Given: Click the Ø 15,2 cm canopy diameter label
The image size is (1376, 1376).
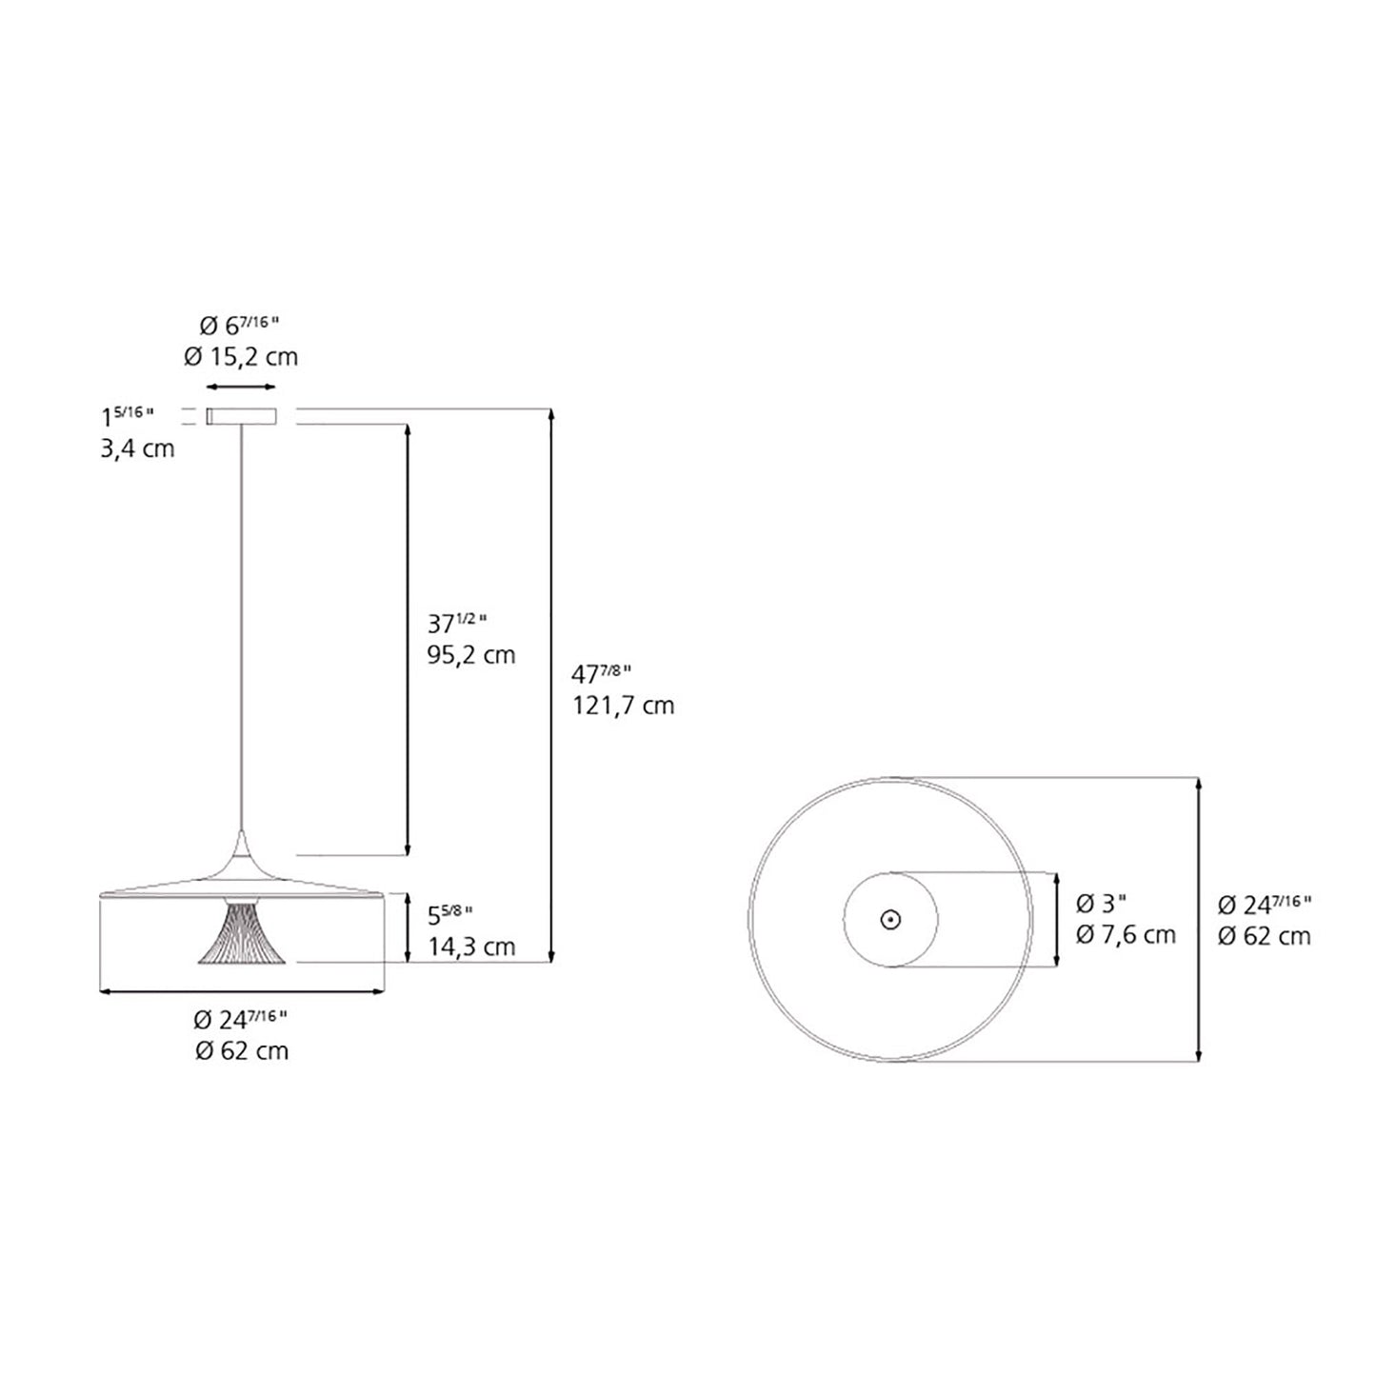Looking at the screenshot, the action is tap(241, 357).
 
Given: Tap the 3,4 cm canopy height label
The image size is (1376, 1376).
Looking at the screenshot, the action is tap(138, 449).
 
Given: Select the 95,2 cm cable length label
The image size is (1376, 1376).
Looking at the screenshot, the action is tap(470, 655).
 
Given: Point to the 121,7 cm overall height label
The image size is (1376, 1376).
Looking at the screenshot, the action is tap(623, 706).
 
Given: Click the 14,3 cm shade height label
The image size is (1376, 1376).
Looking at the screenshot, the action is tap(470, 947).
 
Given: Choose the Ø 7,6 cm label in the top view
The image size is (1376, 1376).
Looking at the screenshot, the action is tap(1126, 934).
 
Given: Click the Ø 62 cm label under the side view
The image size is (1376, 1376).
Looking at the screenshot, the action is tap(241, 1050).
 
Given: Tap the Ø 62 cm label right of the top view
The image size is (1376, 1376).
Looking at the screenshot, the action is tap(1264, 935).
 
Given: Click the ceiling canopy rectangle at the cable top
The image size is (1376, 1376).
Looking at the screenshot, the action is tap(241, 416).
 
